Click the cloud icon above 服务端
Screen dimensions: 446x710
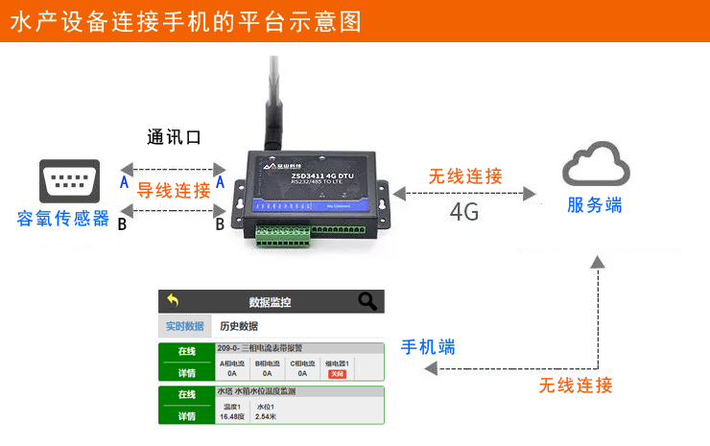click(596, 165)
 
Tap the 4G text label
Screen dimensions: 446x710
click(465, 212)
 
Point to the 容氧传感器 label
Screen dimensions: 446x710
click(63, 219)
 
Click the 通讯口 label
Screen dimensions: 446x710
click(174, 137)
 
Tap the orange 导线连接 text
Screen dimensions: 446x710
click(174, 190)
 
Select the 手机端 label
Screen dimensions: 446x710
click(428, 346)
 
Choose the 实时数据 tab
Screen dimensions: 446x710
click(184, 326)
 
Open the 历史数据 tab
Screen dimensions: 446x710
click(239, 326)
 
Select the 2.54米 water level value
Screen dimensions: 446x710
click(267, 416)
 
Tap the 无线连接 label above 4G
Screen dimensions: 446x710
click(465, 176)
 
